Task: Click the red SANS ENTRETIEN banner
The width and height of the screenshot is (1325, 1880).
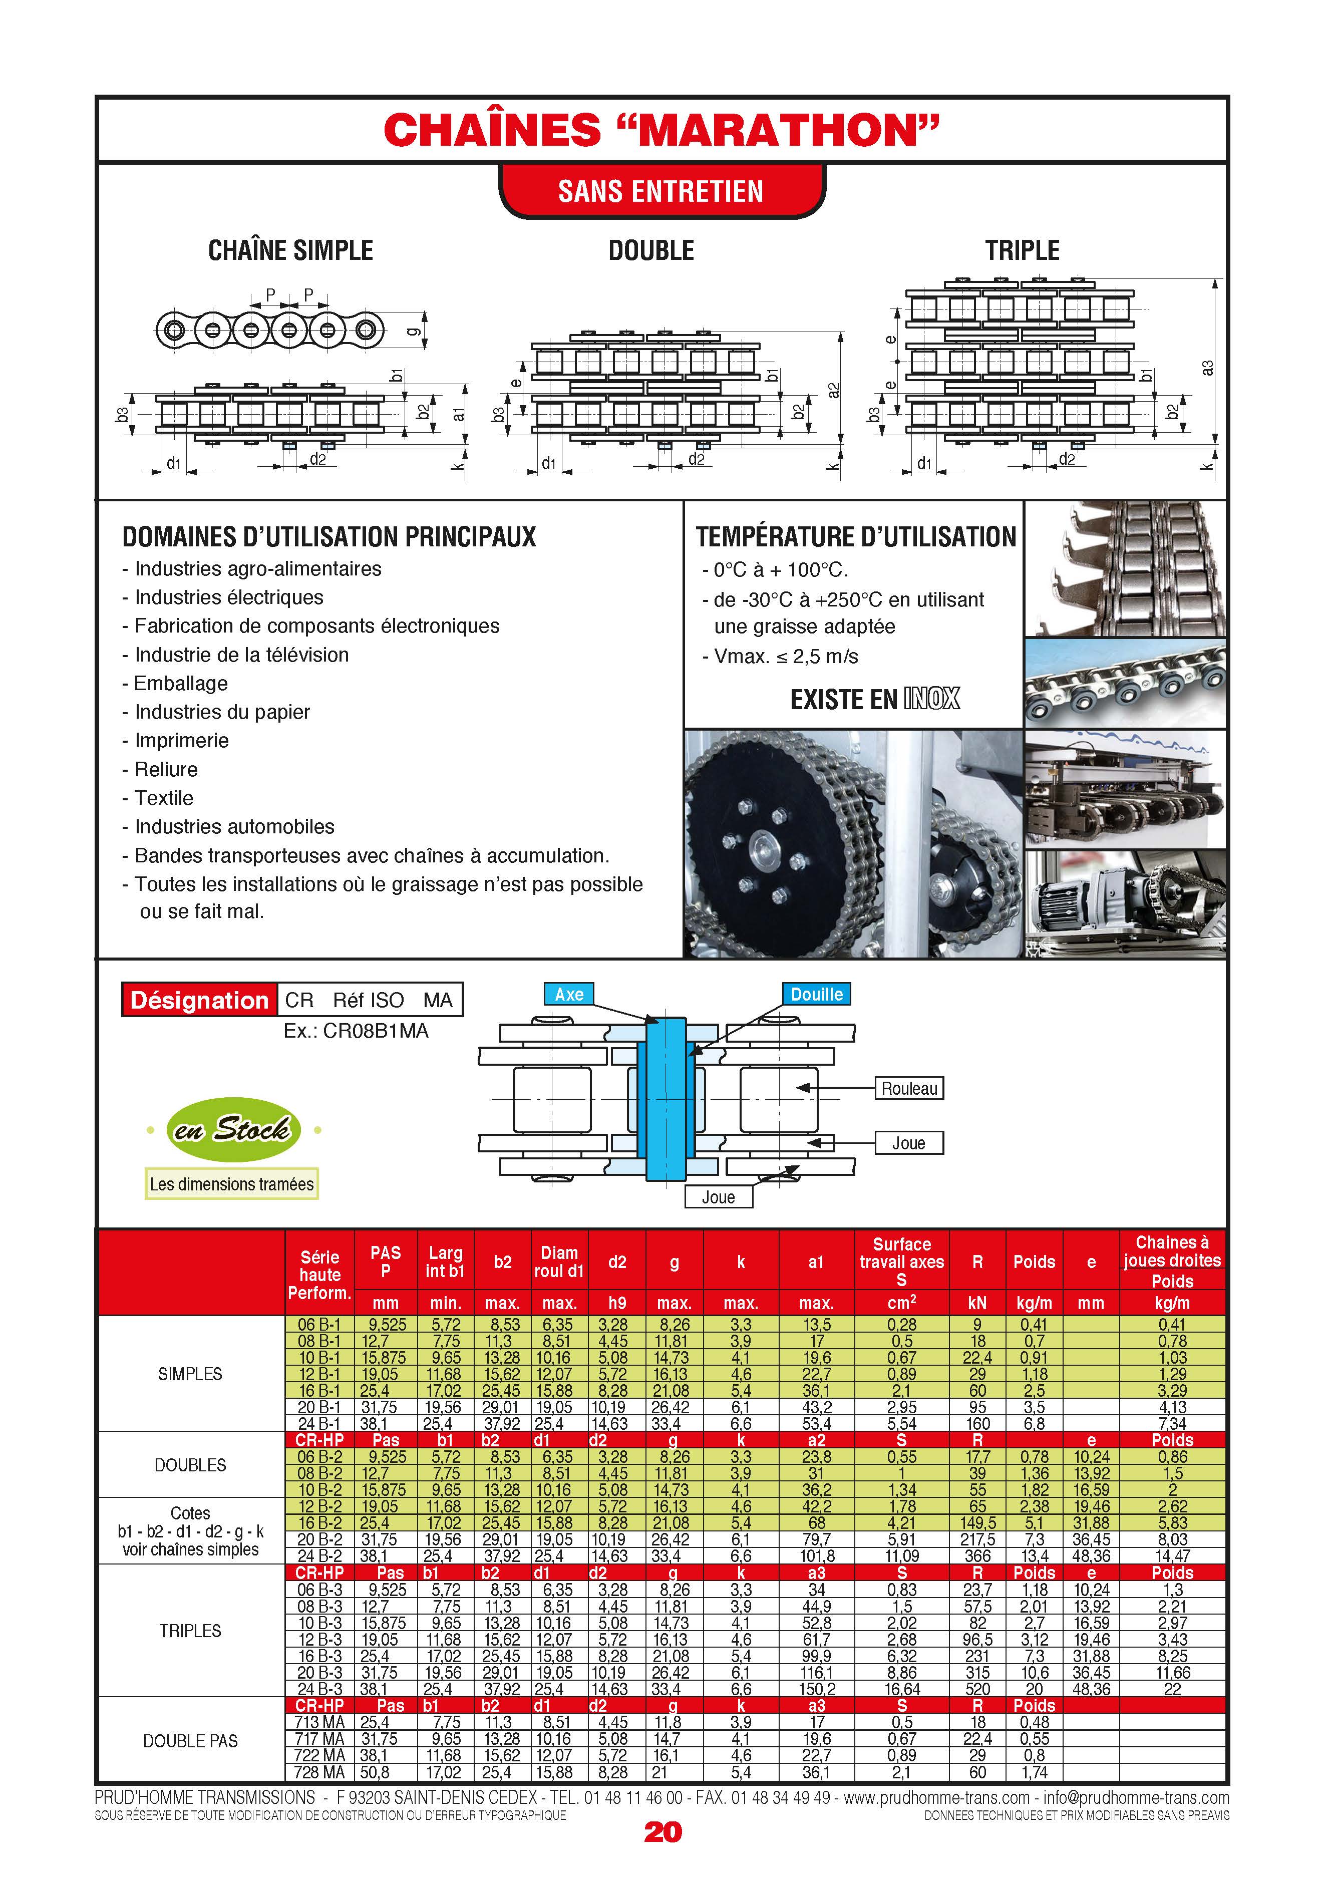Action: (661, 192)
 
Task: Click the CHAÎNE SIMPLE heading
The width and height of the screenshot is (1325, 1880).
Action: (291, 250)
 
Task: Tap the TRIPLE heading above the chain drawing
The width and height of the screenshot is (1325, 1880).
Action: (1022, 250)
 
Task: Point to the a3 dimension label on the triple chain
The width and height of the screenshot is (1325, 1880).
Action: (1207, 369)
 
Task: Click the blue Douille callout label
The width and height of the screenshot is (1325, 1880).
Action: (816, 994)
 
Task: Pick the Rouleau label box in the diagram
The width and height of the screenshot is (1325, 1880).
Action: (909, 1088)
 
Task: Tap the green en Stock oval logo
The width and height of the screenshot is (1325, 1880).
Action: (233, 1130)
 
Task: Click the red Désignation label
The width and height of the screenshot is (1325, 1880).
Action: (199, 1000)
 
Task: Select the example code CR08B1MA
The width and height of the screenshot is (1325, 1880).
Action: (356, 1031)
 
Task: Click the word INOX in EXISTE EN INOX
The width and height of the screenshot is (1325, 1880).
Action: (932, 699)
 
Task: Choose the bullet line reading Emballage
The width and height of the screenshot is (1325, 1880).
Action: (180, 684)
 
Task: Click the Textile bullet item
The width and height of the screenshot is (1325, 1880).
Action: (164, 798)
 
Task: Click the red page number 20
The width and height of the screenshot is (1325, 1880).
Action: (662, 1832)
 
